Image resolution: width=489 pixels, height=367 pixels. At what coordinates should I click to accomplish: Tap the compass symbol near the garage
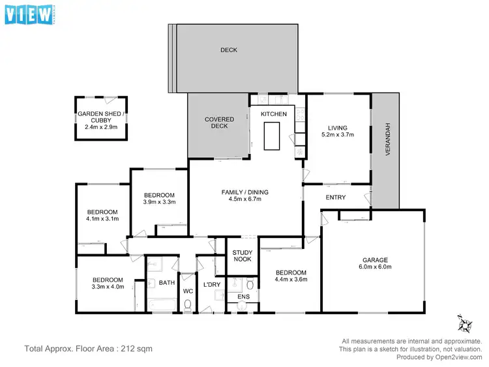point(465,323)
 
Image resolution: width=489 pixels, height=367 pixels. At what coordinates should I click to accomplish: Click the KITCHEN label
point(274,114)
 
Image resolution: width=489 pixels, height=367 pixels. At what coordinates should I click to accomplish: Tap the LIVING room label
point(338,128)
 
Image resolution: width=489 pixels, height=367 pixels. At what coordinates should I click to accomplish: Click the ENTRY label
point(336,198)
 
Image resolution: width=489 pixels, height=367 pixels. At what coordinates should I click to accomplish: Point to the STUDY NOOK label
point(242,256)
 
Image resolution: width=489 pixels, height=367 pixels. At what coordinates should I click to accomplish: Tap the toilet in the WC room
point(188,304)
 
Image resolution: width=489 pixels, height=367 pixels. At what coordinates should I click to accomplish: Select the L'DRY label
point(211,286)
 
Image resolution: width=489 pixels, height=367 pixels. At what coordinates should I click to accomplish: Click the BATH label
point(166,283)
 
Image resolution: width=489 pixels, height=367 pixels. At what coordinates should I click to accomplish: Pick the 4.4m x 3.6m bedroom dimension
point(290,280)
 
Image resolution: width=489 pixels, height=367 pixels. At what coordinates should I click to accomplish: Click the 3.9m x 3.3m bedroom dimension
point(159,202)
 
